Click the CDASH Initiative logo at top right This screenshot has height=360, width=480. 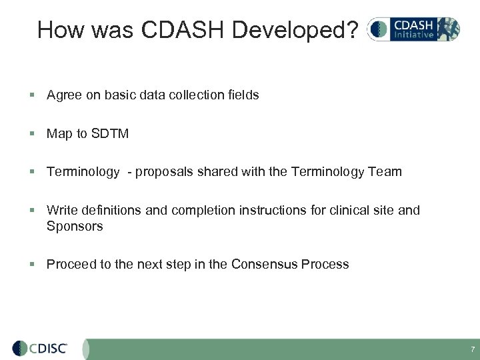pos(413,29)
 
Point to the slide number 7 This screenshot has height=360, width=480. pos(472,349)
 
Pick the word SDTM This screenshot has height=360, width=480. pos(110,134)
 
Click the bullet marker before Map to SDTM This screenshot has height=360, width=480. pos(33,134)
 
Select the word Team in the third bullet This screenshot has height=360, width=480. pos(387,172)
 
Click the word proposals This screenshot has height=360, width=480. pos(163,172)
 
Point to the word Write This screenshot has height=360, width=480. pos(61,211)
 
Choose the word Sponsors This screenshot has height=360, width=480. pos(75,226)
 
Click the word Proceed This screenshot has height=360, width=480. pos(70,265)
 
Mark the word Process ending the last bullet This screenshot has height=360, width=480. pos(325,265)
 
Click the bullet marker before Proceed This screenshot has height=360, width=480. pos(33,265)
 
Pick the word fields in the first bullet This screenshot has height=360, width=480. pos(243,95)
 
